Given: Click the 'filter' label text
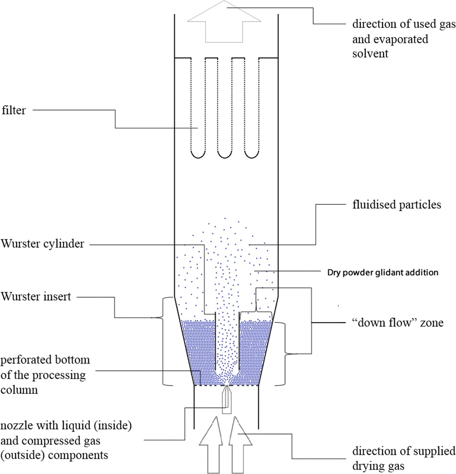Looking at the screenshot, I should pyautogui.click(x=14, y=110).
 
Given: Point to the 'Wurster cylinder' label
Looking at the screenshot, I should pyautogui.click(x=42, y=244).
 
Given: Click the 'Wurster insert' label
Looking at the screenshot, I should pyautogui.click(x=36, y=297).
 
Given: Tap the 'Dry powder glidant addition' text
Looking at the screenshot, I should pyautogui.click(x=383, y=272).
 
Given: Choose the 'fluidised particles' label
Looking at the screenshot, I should pyautogui.click(x=397, y=204).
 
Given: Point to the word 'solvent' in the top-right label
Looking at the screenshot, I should pyautogui.click(x=370, y=53).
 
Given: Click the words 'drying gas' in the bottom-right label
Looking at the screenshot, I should pyautogui.click(x=378, y=466).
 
